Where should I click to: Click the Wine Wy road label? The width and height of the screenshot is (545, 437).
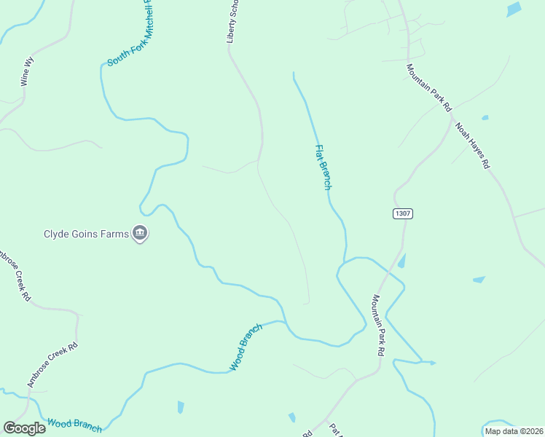click(28, 73)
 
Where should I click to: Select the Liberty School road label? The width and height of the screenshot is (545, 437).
click(233, 22)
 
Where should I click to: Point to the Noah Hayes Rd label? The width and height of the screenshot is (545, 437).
click(472, 146)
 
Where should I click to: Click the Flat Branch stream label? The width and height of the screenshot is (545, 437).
click(323, 168)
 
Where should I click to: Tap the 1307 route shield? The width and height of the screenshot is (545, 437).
click(403, 213)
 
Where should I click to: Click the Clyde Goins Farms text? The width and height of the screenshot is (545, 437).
click(86, 234)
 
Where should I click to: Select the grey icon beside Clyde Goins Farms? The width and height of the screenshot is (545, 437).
click(141, 234)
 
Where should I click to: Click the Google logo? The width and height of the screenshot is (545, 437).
click(24, 428)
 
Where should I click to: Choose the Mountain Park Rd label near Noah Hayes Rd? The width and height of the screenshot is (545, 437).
click(429, 87)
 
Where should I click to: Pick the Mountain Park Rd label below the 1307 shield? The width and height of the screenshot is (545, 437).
click(378, 324)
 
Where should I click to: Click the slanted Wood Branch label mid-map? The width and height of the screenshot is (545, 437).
click(246, 347)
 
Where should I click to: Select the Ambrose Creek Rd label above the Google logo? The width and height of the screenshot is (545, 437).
click(52, 365)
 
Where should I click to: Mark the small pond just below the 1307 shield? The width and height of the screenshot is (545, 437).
click(401, 260)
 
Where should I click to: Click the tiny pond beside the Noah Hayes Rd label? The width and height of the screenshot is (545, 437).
click(485, 117)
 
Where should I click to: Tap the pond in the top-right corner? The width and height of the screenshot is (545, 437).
click(514, 9)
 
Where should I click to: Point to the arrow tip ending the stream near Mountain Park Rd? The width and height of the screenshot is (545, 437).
click(434, 362)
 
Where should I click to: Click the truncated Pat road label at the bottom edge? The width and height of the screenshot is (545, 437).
click(336, 430)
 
